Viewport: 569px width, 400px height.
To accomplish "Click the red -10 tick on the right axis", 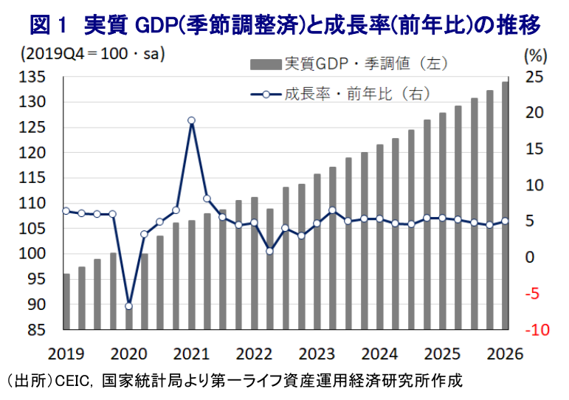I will [537, 330].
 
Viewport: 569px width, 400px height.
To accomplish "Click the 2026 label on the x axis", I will [505, 353].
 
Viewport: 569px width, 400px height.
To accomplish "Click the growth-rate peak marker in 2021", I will [191, 120].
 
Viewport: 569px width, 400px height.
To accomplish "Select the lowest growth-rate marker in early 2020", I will [128, 306].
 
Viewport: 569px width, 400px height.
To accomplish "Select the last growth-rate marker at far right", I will [505, 221].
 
